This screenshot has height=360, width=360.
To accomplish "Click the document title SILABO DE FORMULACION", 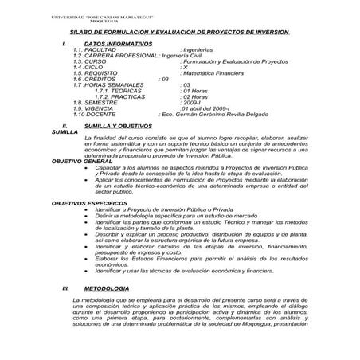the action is pos(180,33).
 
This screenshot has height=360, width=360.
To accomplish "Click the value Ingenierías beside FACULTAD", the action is pos(203,50).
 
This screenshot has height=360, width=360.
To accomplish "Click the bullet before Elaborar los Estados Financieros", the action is pos(85,260).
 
